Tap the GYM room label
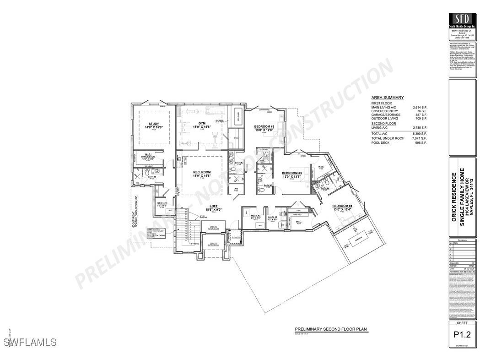pyautogui.click(x=202, y=123)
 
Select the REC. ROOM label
pyautogui.click(x=201, y=172)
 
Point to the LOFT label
pyautogui.click(x=213, y=206)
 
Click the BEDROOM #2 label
pyautogui.click(x=264, y=126)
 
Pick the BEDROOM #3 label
pyautogui.click(x=292, y=173)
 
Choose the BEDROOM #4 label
pyautogui.click(x=342, y=206)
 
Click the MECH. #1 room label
pyautogui.click(x=162, y=203)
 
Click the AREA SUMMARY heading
pyautogui.click(x=387, y=98)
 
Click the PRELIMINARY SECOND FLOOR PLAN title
pyautogui.click(x=330, y=329)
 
